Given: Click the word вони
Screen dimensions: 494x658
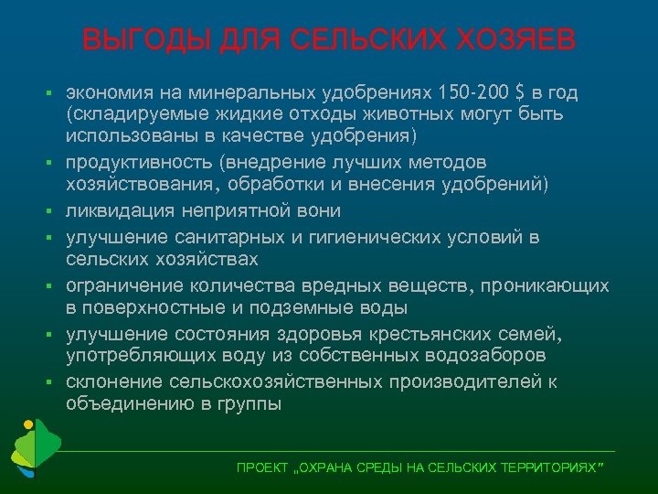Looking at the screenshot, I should (x=321, y=211).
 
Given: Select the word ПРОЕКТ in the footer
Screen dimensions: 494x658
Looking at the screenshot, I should (x=260, y=467).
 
